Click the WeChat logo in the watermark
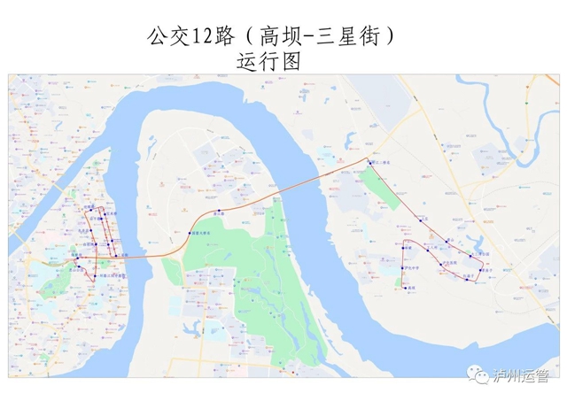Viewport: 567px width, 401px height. (x=481, y=376)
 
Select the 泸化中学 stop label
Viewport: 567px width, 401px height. (x=411, y=268)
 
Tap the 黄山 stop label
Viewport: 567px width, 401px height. (x=452, y=240)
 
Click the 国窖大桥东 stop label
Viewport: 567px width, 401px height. (x=201, y=234)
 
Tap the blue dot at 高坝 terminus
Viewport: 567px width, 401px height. (x=405, y=289)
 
